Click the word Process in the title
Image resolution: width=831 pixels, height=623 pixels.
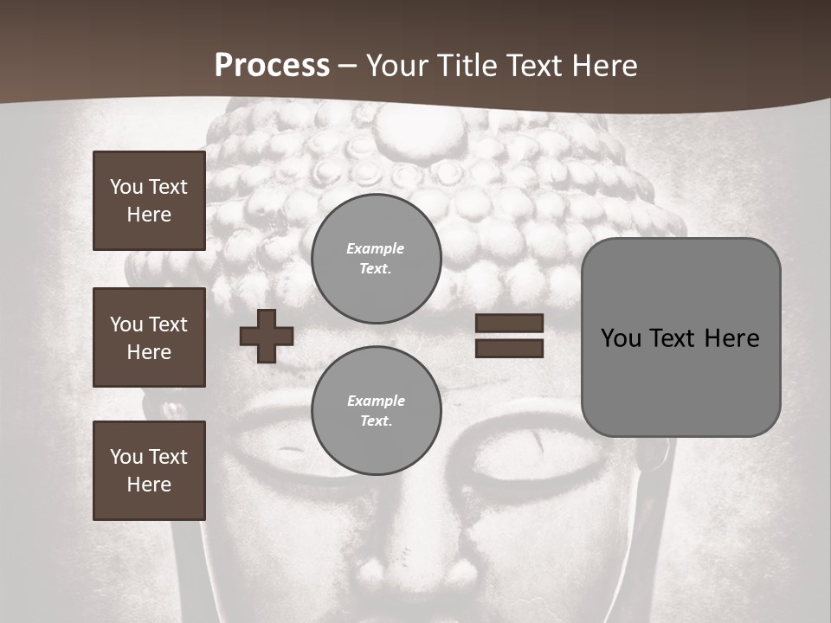coord(272,66)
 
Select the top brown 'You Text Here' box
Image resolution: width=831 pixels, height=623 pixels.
coord(149,201)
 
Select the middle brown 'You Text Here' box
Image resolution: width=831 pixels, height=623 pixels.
coord(149,337)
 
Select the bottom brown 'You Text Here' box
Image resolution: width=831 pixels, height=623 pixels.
coord(149,471)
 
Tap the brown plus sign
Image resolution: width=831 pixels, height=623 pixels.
coord(267,336)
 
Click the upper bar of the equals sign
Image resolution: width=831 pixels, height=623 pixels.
coord(510,324)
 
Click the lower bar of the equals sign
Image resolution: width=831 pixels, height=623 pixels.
coord(510,349)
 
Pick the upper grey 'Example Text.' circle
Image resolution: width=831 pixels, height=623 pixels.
coord(377,258)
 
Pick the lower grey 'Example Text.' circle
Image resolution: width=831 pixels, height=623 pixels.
coord(377,410)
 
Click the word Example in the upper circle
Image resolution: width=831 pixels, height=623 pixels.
coord(376,248)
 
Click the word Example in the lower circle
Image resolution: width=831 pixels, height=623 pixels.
coord(376,401)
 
